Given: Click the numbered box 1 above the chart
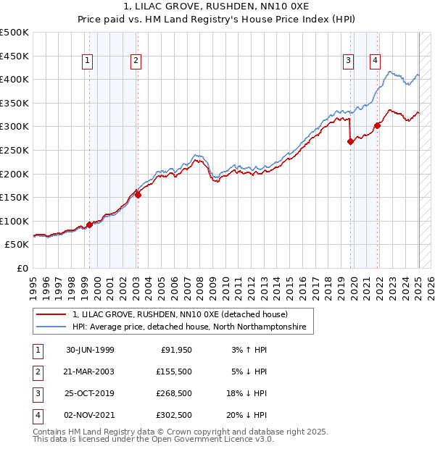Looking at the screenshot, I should (87, 62).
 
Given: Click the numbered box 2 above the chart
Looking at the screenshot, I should (136, 62).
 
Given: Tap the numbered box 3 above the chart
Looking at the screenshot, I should (349, 62).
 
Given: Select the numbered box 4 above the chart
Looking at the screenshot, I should (375, 62).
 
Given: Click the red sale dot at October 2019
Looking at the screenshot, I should (350, 142).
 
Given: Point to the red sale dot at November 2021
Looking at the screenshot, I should (377, 125).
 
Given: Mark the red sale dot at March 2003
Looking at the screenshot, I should (138, 195).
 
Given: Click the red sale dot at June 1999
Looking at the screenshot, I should (90, 224).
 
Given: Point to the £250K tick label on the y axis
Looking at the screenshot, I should (15, 150).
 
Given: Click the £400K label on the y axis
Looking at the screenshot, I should (15, 80).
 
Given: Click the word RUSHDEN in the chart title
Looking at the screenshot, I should (211, 7).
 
